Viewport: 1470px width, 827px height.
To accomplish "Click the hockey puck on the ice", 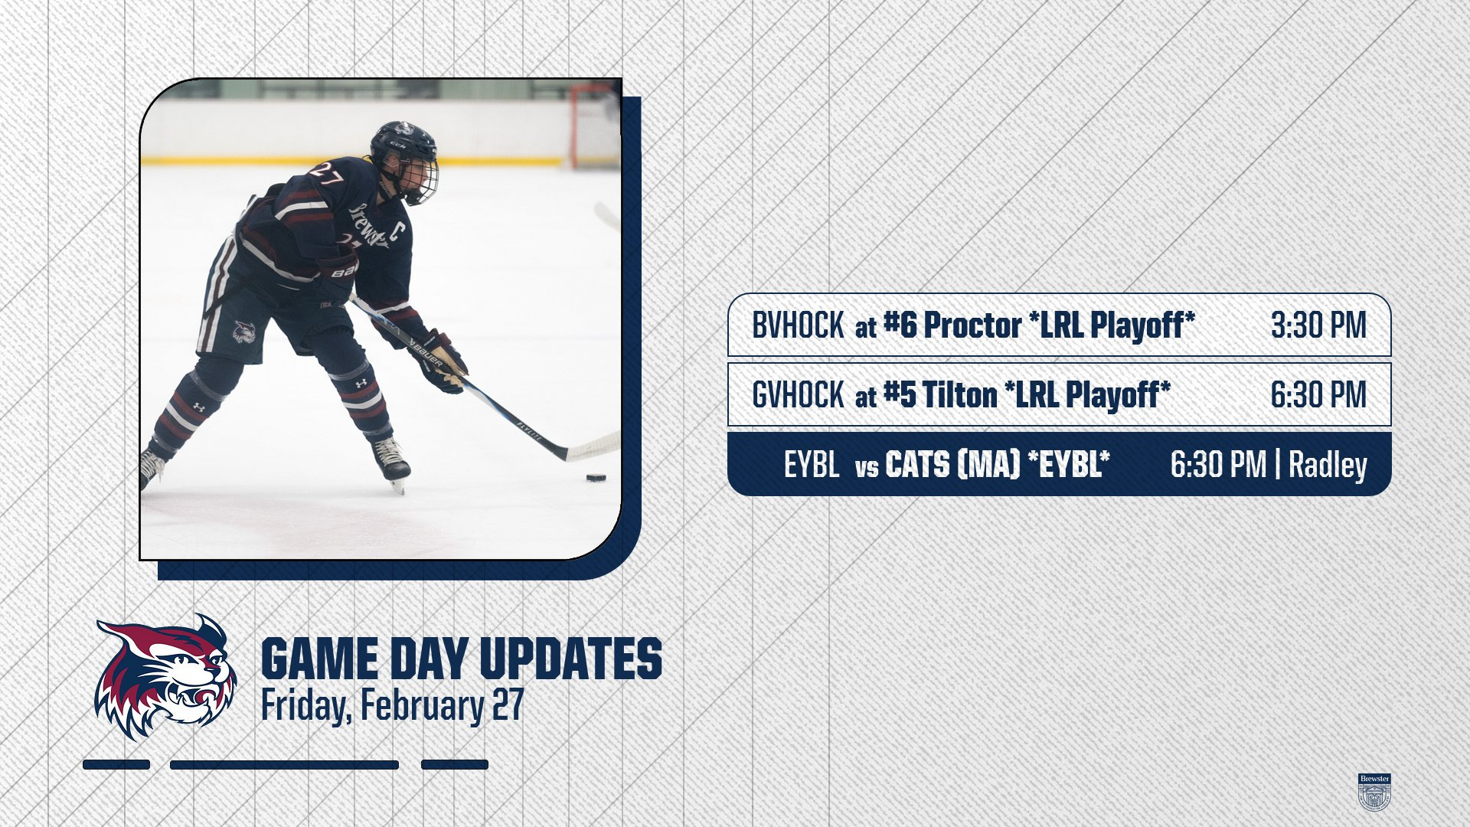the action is click(596, 478).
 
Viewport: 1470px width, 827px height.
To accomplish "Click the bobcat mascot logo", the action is click(165, 677).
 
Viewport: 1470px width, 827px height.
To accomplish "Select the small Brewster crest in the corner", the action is click(1374, 792).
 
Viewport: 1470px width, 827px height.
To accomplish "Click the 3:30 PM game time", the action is click(1318, 325).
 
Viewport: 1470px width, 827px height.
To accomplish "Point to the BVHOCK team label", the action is click(798, 325).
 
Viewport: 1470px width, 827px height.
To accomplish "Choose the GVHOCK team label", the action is click(798, 395).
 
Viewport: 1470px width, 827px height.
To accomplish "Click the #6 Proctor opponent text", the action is click(952, 325).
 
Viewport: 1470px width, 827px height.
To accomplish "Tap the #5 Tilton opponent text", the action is click(939, 395).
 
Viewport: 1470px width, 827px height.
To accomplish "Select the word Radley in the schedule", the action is click(1328, 465).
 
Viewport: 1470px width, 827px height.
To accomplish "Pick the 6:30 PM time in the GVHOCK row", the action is click(1318, 395).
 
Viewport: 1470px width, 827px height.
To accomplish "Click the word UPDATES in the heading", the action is click(570, 659).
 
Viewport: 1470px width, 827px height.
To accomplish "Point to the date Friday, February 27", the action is click(392, 705).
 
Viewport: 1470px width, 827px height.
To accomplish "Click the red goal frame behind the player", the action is click(593, 124).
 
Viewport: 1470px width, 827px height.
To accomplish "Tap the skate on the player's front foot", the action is click(391, 463).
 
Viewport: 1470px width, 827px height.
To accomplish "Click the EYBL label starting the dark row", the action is click(812, 465).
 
